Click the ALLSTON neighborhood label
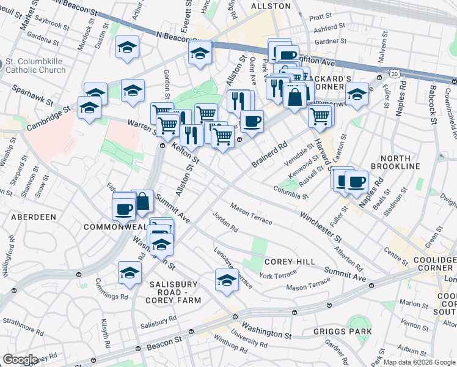click(x=271, y=6)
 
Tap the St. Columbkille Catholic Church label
click(x=35, y=66)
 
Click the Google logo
click(x=20, y=360)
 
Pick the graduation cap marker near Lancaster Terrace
click(x=226, y=280)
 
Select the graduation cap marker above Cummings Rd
click(x=130, y=273)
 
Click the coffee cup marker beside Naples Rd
click(x=356, y=181)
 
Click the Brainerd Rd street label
click(x=269, y=155)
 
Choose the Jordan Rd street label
click(x=225, y=222)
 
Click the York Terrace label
click(x=278, y=276)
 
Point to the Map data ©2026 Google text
click(x=419, y=362)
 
